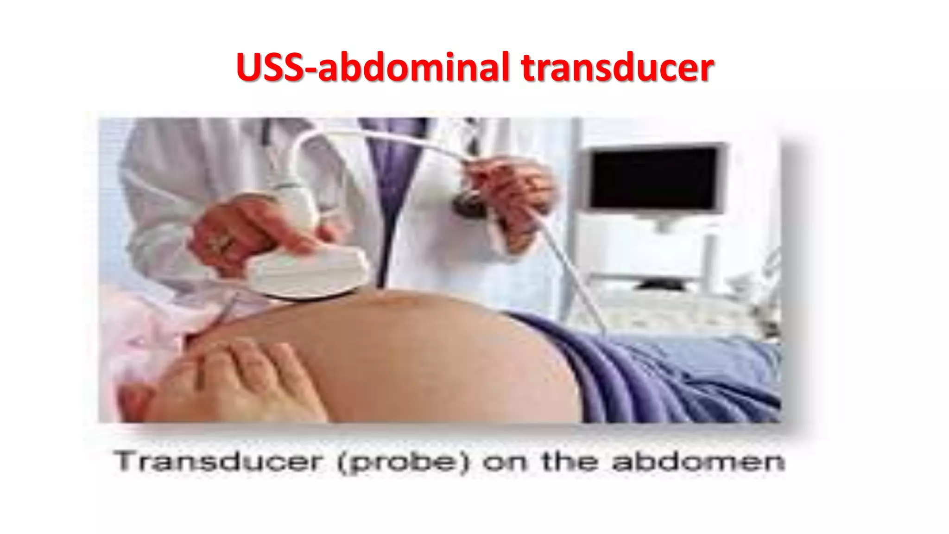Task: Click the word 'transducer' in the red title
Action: click(x=617, y=68)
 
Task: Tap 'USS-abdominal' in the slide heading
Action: click(x=373, y=68)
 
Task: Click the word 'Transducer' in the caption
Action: click(x=218, y=462)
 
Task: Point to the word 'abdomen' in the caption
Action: click(x=698, y=462)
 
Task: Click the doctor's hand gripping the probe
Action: click(x=241, y=232)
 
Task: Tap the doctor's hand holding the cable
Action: click(x=510, y=190)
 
